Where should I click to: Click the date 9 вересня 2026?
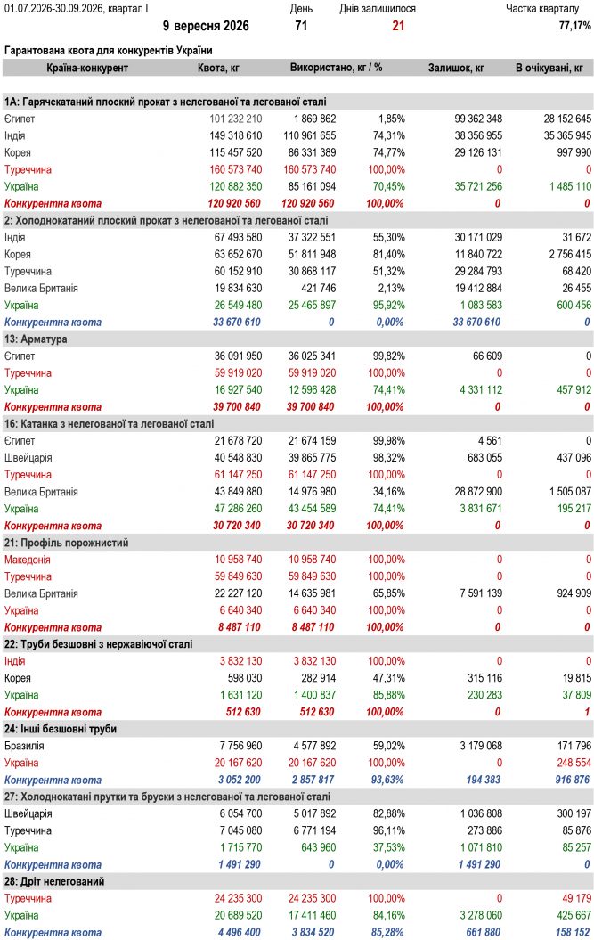[x=206, y=26]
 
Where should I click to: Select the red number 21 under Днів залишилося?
[x=398, y=26]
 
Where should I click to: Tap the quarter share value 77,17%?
[x=574, y=26]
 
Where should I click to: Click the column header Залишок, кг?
[x=456, y=68]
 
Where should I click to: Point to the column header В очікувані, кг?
[x=549, y=68]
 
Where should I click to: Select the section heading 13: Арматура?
[x=36, y=339]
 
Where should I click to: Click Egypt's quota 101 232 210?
[x=236, y=119]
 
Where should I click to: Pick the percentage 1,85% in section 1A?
[x=392, y=119]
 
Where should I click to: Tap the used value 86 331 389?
[x=312, y=153]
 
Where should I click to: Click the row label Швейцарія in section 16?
[x=28, y=458]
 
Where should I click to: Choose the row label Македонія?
[x=28, y=560]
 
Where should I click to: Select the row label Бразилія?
[x=24, y=747]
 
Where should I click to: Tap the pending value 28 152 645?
[x=567, y=119]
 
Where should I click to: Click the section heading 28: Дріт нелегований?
[x=54, y=882]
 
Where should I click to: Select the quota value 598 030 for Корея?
[x=245, y=679]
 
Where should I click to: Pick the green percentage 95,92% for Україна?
[x=388, y=305]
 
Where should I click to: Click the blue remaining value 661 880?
[x=483, y=933]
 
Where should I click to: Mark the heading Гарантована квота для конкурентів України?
[x=109, y=51]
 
